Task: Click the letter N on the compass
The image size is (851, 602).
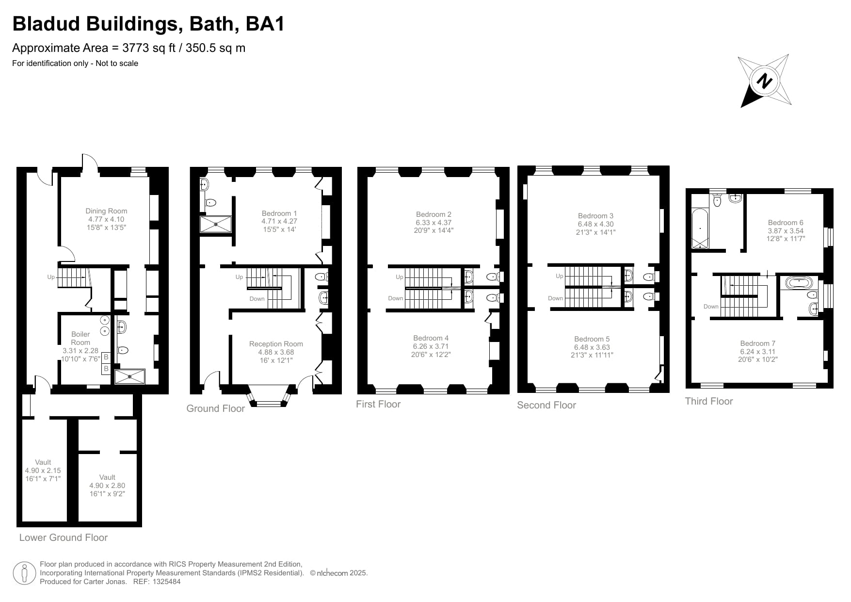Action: pyautogui.click(x=765, y=81)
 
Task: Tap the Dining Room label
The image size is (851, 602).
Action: pyautogui.click(x=106, y=211)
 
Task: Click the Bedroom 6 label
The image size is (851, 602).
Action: pyautogui.click(x=786, y=223)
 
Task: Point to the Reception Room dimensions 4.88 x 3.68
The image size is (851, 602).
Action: pyautogui.click(x=276, y=352)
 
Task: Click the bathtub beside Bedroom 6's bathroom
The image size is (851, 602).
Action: pyautogui.click(x=700, y=228)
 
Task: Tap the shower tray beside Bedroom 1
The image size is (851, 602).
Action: pyautogui.click(x=216, y=224)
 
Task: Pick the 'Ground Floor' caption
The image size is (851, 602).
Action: pyautogui.click(x=215, y=409)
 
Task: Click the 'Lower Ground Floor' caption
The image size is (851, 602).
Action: pyautogui.click(x=64, y=537)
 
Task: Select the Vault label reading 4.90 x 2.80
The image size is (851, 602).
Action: pyautogui.click(x=107, y=486)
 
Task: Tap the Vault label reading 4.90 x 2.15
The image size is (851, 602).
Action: pyautogui.click(x=43, y=471)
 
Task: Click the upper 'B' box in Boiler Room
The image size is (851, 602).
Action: pyautogui.click(x=106, y=358)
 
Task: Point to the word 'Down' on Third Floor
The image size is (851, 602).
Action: pyautogui.click(x=711, y=307)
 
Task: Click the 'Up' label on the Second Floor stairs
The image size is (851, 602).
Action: pyautogui.click(x=559, y=276)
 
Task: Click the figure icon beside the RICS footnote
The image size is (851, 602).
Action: pyautogui.click(x=24, y=573)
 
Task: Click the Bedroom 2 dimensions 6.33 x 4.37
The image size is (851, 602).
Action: pyautogui.click(x=434, y=223)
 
